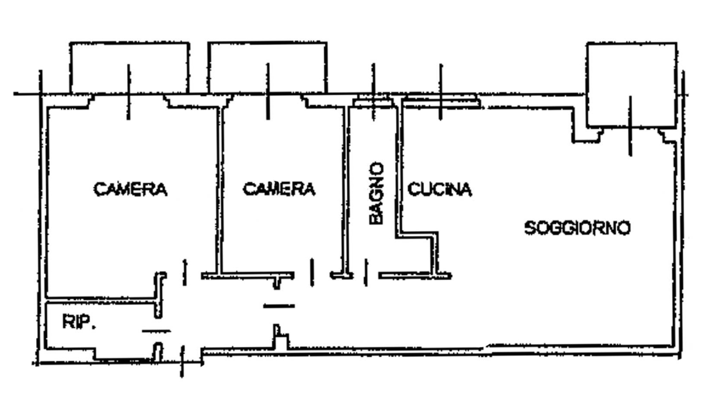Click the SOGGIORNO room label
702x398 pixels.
(577, 228)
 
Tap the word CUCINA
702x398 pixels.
(439, 189)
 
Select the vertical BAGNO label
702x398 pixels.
(376, 193)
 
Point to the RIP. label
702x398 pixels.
(78, 322)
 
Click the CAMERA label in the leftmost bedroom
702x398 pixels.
(130, 189)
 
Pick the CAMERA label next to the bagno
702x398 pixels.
(279, 189)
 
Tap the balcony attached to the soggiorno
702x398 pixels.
(631, 85)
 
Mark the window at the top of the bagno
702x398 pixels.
(374, 102)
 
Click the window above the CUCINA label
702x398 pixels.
(441, 102)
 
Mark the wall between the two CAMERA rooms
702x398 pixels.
(219, 191)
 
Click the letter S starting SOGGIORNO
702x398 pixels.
(529, 228)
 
